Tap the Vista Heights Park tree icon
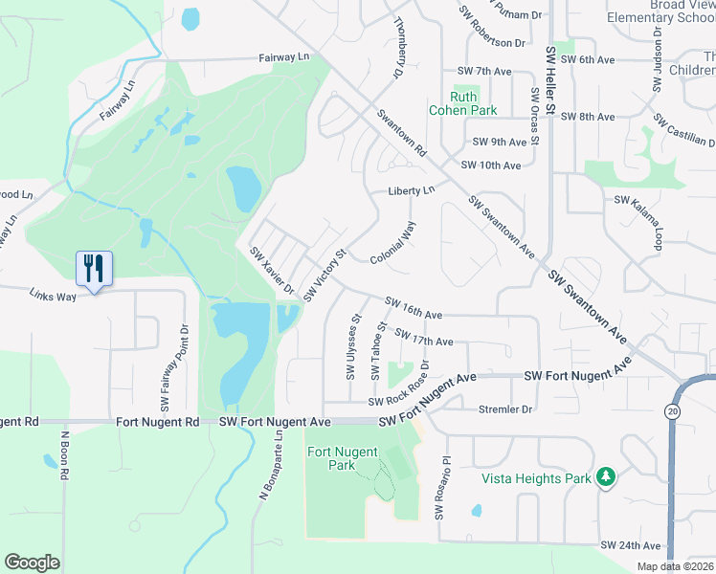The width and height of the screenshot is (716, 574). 605,476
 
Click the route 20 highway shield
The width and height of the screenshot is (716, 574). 674,410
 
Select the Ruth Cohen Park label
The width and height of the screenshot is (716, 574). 462,102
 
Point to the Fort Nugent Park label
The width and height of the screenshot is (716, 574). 342,458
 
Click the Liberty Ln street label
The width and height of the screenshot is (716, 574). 411,191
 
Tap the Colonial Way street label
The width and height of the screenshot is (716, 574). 394,244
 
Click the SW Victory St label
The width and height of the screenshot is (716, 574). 324,276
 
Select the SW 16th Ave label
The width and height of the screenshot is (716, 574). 414,308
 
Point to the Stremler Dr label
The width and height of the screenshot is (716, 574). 504,409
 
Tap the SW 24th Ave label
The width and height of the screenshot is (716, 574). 631,545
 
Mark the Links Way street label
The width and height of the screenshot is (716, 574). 52,295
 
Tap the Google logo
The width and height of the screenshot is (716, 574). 33,563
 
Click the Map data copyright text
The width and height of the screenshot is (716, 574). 675,566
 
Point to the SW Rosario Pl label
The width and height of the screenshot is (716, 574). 441,488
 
